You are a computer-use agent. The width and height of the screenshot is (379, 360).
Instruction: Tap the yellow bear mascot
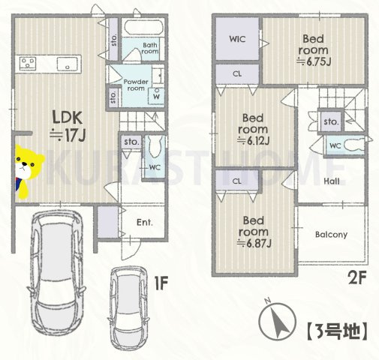pos(25,172)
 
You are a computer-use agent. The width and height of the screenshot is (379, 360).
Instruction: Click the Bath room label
pos(151,49)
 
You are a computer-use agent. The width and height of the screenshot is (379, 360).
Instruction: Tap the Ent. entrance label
pos(144,222)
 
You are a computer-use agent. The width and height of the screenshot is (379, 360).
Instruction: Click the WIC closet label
pos(238,38)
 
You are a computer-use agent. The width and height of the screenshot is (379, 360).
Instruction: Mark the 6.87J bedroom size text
pos(251,243)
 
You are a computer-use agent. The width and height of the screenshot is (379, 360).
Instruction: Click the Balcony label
pos(330,235)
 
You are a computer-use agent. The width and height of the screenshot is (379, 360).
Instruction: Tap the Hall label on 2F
pos(333,181)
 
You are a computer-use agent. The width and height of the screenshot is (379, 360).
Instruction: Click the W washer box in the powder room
pos(156,96)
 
